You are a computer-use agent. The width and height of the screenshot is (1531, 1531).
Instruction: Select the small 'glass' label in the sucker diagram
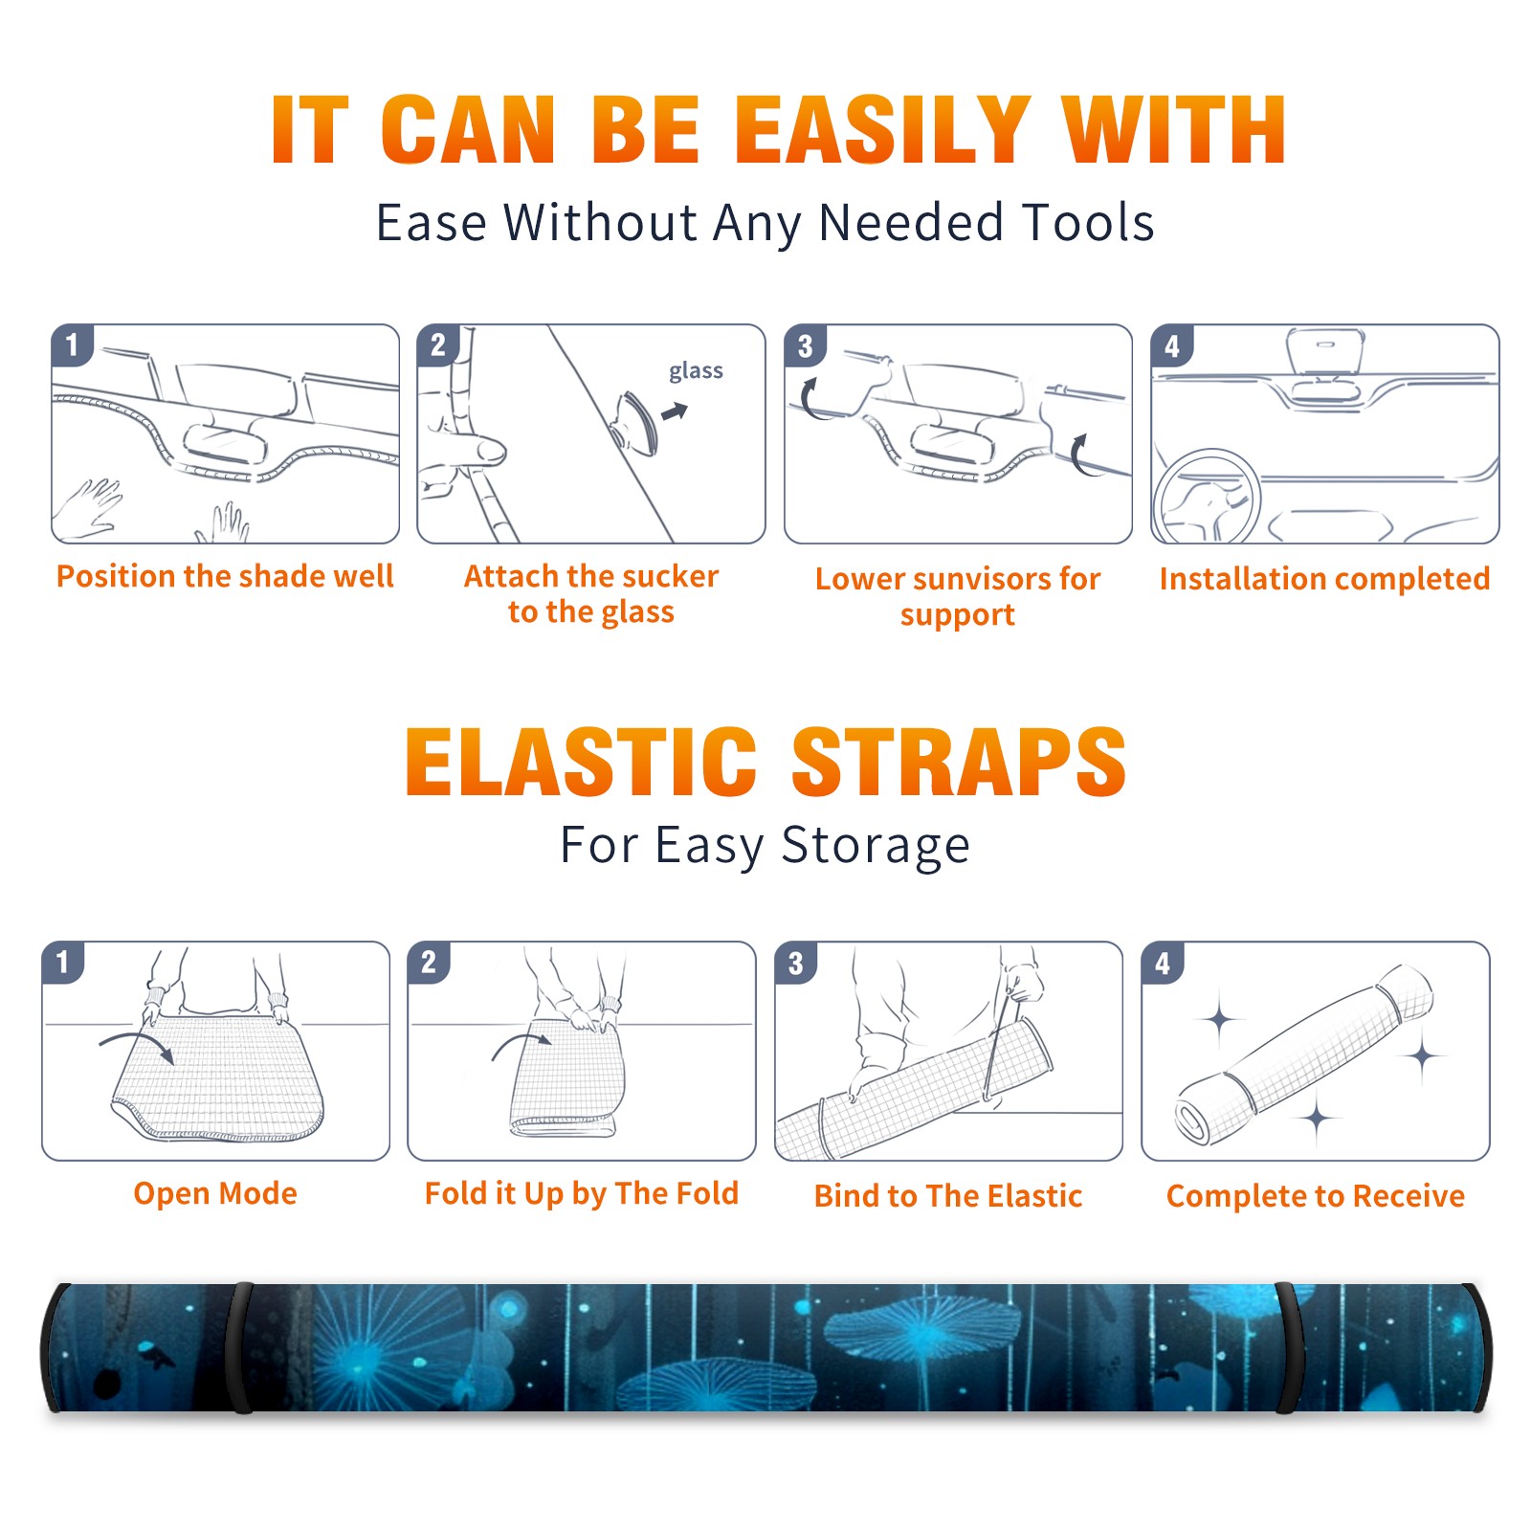point(696,371)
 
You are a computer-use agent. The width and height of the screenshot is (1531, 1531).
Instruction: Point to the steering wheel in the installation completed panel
point(1206,496)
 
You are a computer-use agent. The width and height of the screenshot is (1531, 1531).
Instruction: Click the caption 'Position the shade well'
point(225,576)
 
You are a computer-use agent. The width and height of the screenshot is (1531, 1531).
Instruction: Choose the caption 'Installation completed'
point(1324,578)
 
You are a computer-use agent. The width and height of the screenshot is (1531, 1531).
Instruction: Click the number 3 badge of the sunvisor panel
point(806,345)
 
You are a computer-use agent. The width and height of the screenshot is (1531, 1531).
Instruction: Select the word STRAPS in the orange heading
point(959,762)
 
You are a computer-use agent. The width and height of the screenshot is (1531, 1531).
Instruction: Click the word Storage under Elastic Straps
point(876,846)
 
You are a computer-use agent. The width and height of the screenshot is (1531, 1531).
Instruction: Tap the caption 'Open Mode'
point(215,1193)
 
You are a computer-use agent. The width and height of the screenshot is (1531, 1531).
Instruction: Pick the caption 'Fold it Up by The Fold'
point(582,1193)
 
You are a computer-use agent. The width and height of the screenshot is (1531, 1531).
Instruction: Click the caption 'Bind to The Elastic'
point(948,1195)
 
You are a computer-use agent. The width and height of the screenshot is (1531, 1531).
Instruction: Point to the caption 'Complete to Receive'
point(1316,1195)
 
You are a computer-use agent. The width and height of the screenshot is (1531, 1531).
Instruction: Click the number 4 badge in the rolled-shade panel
point(1163,963)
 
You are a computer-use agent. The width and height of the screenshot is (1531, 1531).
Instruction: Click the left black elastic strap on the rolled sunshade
point(239,1347)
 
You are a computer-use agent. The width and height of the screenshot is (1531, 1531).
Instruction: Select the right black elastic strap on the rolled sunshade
point(1289,1347)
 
